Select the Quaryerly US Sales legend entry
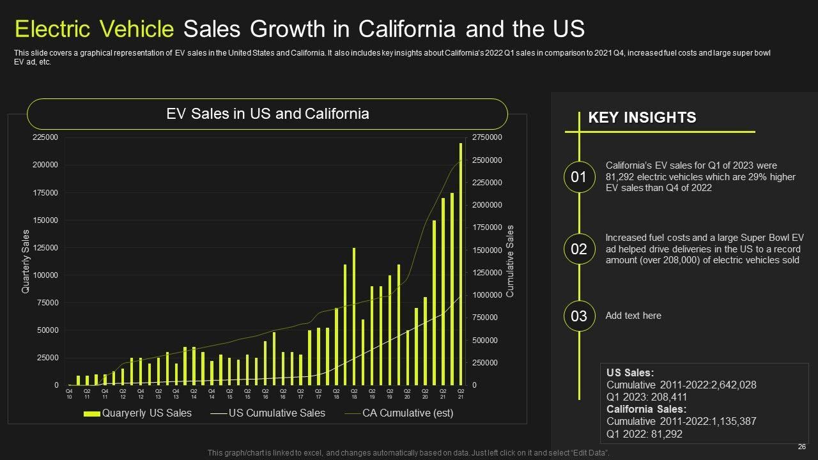coord(137,413)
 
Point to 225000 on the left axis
coord(45,137)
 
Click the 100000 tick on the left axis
coord(45,275)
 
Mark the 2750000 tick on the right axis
coord(487,137)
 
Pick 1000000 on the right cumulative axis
coord(487,295)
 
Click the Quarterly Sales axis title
coord(26,261)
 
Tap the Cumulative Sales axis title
coord(510,261)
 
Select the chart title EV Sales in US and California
coord(267,114)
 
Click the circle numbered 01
coord(578,177)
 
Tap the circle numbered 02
coord(578,249)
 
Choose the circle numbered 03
coord(578,316)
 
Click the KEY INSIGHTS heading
coord(642,118)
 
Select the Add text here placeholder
coord(633,316)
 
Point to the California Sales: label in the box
coord(646,409)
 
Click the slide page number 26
coord(801,447)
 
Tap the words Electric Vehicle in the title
coord(94,29)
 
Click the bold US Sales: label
coord(630,372)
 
